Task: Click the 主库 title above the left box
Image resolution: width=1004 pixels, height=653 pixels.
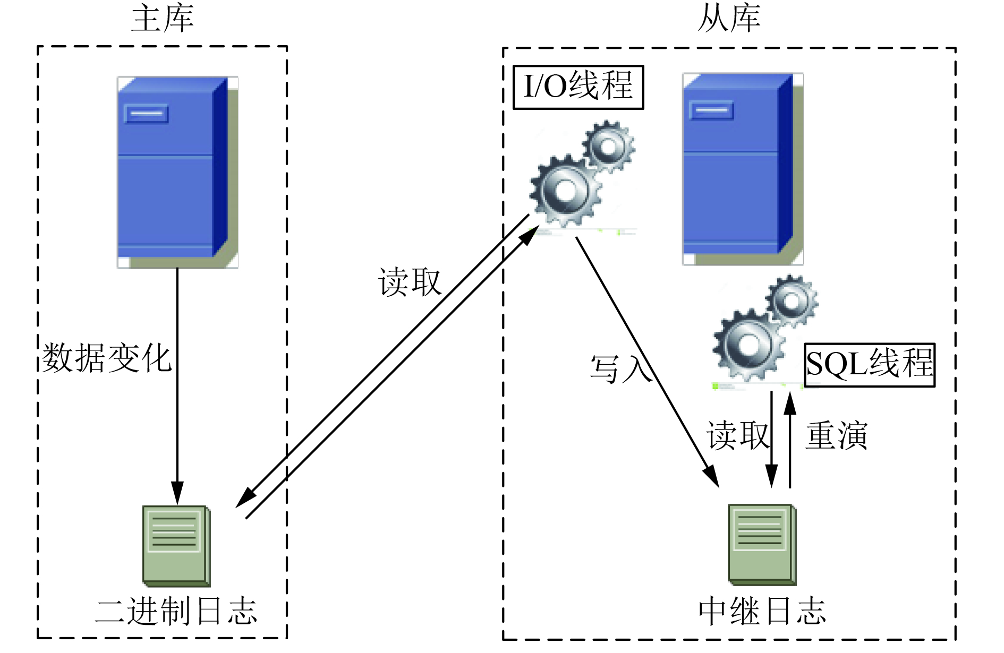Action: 163,19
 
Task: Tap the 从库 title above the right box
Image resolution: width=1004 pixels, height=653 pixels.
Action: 729,19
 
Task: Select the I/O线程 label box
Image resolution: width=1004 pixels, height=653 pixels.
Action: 578,87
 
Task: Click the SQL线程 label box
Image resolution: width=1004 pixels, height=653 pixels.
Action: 870,365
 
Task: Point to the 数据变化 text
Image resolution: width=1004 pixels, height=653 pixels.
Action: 106,358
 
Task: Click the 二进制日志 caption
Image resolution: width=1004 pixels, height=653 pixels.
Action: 176,611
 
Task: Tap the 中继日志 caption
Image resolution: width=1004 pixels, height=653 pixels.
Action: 762,611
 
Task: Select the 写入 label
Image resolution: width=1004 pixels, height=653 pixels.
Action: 621,368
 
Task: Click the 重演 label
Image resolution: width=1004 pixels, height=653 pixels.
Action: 837,436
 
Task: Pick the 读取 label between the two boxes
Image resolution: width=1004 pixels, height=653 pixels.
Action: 410,281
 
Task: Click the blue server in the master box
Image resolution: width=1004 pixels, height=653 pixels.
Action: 177,173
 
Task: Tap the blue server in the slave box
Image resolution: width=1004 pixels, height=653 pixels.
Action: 743,169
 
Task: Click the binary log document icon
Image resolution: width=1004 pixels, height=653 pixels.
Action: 177,546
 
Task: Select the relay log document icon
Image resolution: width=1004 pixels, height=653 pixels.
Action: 762,545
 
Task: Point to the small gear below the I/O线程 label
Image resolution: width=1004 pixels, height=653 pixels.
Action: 609,146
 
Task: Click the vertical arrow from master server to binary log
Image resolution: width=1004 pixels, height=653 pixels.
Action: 177,386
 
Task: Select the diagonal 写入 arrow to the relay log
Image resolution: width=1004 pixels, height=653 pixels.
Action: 648,362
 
